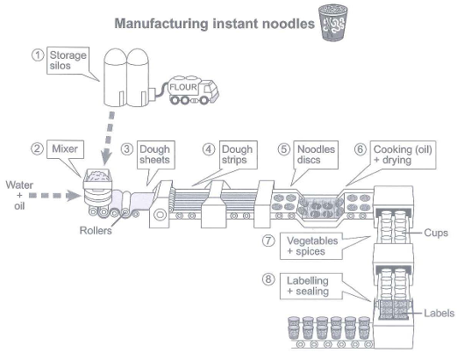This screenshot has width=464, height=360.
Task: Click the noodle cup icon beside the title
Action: click(333, 23)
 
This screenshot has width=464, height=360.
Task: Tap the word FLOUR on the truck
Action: click(183, 87)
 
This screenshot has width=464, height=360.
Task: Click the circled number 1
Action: click(38, 55)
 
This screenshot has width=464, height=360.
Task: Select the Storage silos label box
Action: click(68, 61)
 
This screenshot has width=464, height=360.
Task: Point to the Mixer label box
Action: click(65, 149)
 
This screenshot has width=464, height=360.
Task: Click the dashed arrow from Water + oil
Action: click(55, 195)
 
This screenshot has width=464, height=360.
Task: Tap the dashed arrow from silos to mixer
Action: click(108, 139)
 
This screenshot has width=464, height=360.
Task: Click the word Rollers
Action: click(96, 231)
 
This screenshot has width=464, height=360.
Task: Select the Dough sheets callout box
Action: click(155, 155)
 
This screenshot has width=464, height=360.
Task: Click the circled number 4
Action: click(209, 149)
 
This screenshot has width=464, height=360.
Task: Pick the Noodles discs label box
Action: click(316, 155)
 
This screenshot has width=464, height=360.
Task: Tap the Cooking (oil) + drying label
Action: click(403, 155)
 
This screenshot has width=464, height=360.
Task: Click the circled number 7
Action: click(268, 241)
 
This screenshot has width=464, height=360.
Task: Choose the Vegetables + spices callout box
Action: click(311, 246)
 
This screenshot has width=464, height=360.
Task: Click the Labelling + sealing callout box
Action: click(311, 286)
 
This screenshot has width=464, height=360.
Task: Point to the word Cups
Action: click(436, 233)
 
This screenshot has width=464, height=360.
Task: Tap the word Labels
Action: click(439, 313)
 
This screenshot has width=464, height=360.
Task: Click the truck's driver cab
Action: click(209, 90)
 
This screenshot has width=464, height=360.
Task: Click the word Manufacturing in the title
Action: click(161, 24)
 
